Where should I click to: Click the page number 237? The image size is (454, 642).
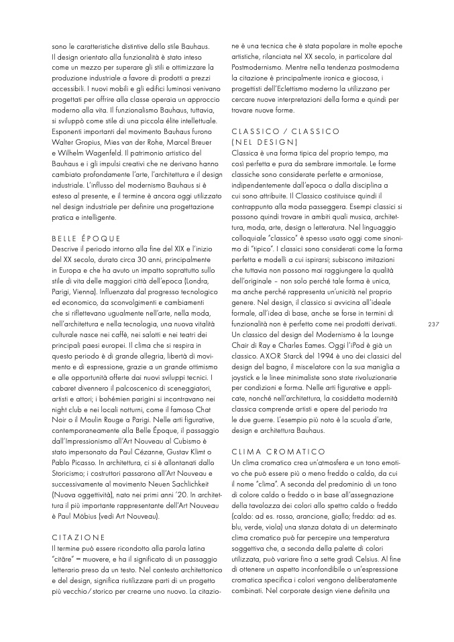coord(433,324)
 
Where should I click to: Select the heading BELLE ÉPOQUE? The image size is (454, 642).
coord(85,238)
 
